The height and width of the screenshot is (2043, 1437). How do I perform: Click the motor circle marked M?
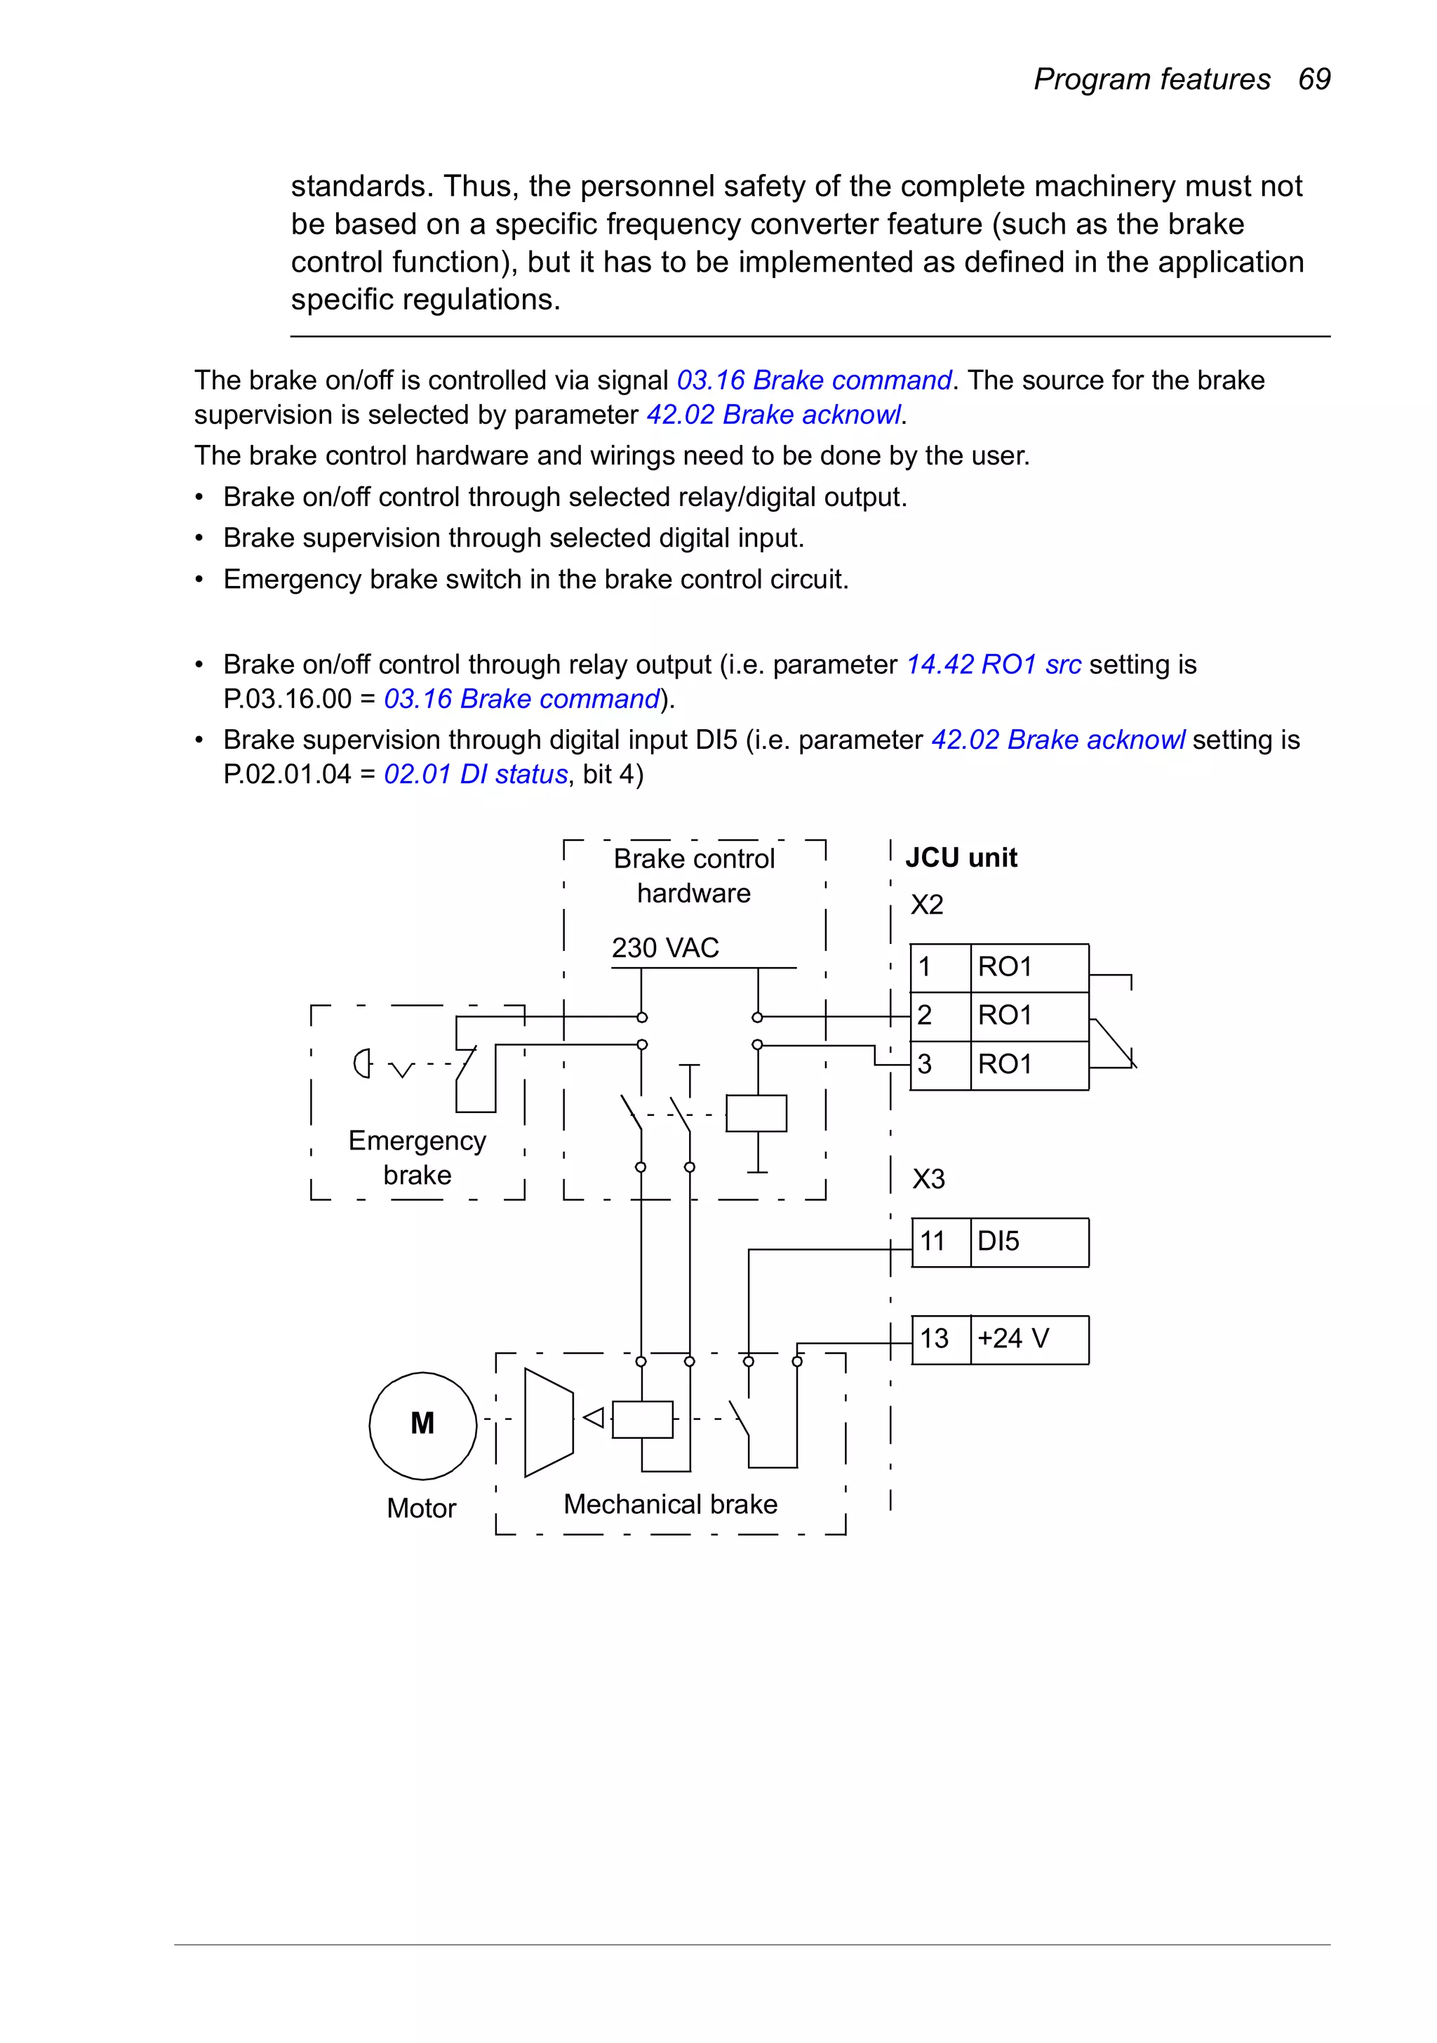[422, 1425]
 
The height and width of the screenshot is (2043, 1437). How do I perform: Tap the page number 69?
[1314, 79]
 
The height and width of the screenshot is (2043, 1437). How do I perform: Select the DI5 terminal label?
[998, 1242]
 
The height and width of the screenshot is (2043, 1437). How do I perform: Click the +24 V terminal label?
[1013, 1338]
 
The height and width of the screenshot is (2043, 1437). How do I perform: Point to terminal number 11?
[932, 1242]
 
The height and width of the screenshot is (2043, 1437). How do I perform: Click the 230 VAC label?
[664, 947]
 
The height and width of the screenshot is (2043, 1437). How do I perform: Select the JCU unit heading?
[961, 858]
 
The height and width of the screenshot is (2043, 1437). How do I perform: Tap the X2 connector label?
[926, 905]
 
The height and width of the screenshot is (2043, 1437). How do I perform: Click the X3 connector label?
[928, 1179]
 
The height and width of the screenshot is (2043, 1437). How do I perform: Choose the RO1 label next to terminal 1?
[1005, 966]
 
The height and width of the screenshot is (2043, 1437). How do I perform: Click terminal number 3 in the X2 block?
[925, 1064]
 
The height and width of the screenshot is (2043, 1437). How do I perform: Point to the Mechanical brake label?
[670, 1504]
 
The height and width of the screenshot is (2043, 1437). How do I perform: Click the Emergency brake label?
[417, 1157]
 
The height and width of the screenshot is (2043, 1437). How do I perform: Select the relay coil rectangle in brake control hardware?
[756, 1112]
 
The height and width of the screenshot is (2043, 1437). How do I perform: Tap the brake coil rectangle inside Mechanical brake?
[643, 1419]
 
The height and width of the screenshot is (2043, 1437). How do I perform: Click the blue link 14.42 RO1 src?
[993, 665]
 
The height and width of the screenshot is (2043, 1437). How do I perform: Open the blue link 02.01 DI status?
[475, 774]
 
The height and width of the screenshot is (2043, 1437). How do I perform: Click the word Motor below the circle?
[421, 1508]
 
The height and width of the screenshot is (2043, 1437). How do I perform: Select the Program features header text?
[1151, 79]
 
